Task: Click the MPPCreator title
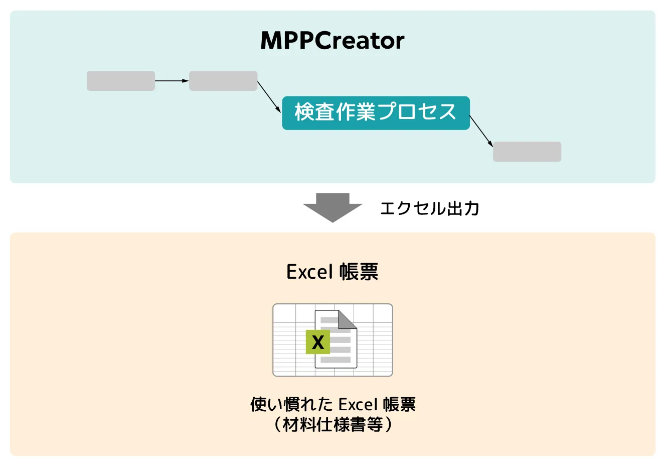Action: [332, 41]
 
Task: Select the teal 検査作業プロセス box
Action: [376, 113]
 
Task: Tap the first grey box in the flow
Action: [120, 81]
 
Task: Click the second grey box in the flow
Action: [223, 81]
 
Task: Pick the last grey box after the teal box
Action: [527, 152]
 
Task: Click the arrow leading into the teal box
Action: [269, 97]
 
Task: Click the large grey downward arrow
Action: [332, 206]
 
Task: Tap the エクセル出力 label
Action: [430, 208]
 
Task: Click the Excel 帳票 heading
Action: [332, 272]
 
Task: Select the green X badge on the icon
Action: [317, 342]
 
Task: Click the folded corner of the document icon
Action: [348, 320]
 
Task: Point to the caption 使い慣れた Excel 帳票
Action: [333, 404]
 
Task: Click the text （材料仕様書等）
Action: [333, 425]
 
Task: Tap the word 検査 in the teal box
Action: [314, 112]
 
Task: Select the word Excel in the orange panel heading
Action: [309, 272]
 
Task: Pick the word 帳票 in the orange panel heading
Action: [359, 272]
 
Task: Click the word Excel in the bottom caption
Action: [358, 405]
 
